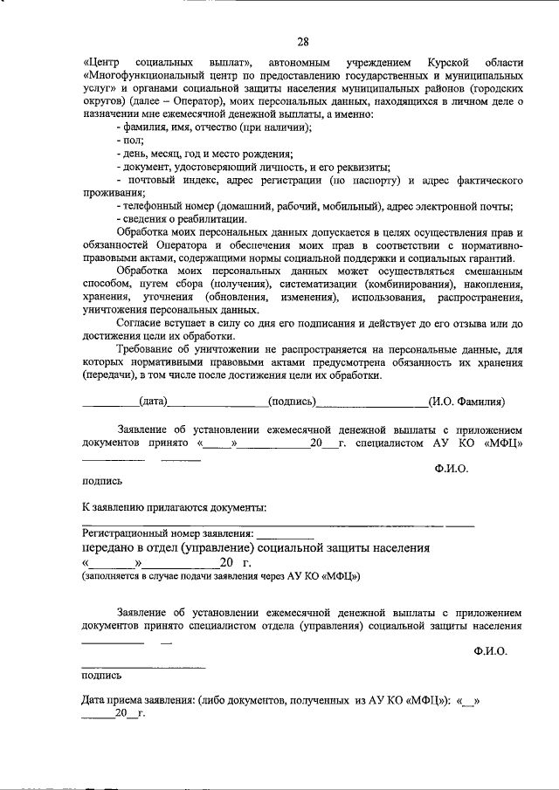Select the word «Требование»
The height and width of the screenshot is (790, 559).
148,349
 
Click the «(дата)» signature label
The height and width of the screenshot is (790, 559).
153,402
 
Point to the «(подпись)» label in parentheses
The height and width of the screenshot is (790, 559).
293,402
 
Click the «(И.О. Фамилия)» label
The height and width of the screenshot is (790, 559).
466,402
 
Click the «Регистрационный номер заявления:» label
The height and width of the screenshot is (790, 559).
169,532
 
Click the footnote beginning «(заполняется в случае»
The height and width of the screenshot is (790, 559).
221,578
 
